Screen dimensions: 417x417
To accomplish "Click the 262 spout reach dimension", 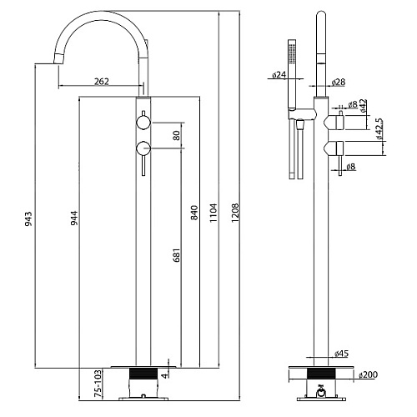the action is (102, 82).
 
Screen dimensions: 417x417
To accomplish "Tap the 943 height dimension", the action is (28, 219).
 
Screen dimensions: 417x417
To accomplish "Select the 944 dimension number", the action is (74, 219).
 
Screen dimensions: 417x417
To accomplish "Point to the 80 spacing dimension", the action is (177, 135).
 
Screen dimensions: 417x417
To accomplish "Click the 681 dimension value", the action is (177, 255).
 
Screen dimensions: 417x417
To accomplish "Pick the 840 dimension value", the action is (194, 213).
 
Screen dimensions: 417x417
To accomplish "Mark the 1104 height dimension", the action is (214, 213).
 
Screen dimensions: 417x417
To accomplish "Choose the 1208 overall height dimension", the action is (235, 213).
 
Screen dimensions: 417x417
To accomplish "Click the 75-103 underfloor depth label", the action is (98, 384).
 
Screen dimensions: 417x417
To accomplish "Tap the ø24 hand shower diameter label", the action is (279, 74).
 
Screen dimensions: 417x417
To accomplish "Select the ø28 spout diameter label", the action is (339, 82).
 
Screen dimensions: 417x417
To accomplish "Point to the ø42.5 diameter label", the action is (379, 129).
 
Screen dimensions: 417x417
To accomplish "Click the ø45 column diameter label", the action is (341, 354).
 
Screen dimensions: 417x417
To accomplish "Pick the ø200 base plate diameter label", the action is (368, 374).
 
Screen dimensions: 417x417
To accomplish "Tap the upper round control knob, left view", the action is (143, 123).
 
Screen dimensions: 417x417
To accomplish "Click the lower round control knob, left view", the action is (143, 148).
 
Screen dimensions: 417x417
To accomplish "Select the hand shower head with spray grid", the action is (292, 53).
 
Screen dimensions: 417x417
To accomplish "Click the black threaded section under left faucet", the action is (143, 374).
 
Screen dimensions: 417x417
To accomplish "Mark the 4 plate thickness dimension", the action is (165, 375).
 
